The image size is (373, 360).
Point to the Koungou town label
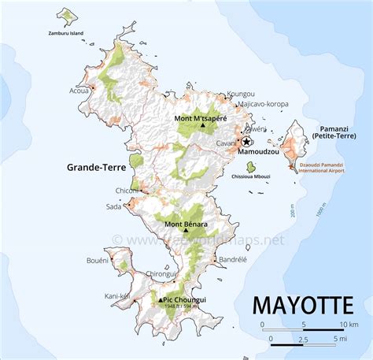point(241,95)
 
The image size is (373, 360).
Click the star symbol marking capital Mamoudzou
point(246,142)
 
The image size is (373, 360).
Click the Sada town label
point(113,207)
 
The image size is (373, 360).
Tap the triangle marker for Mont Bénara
point(186,232)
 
